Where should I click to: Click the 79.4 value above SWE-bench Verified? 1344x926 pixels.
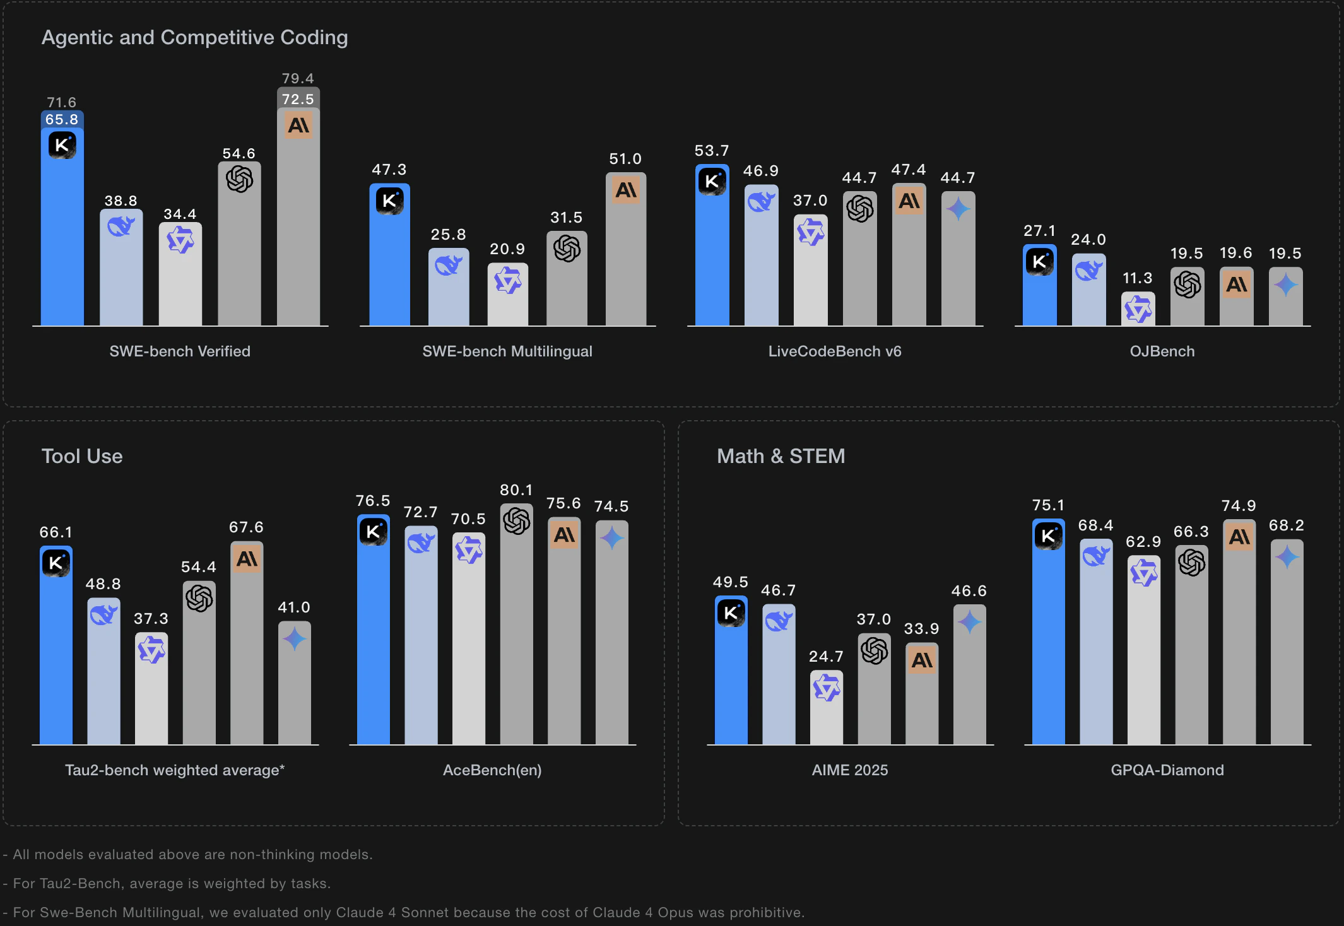tap(298, 79)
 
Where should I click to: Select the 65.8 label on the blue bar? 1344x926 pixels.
tap(62, 120)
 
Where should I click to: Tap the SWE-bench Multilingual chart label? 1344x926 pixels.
tap(507, 351)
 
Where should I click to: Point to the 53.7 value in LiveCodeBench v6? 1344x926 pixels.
tap(712, 151)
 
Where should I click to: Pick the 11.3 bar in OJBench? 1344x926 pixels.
tap(1138, 310)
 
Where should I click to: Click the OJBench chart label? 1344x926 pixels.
tap(1162, 351)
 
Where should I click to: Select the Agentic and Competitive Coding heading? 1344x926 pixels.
tap(194, 38)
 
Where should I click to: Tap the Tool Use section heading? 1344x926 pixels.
tap(82, 456)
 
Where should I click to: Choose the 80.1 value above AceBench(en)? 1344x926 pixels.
tap(516, 490)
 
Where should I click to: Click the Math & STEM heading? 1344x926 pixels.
tap(781, 456)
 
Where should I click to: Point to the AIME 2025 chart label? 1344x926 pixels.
tap(850, 770)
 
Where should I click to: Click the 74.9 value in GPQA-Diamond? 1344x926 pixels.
tap(1239, 506)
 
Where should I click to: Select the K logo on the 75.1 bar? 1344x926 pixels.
tap(1048, 536)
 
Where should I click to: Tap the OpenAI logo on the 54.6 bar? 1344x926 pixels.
tap(240, 180)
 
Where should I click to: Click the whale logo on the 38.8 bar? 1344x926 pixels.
tap(121, 226)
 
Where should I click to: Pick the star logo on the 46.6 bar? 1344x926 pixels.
tap(970, 623)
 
